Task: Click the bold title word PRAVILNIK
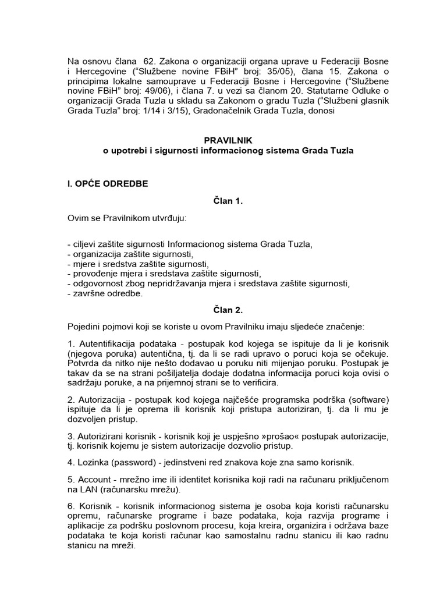pos(223,140)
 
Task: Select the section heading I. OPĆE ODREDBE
pos(108,184)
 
